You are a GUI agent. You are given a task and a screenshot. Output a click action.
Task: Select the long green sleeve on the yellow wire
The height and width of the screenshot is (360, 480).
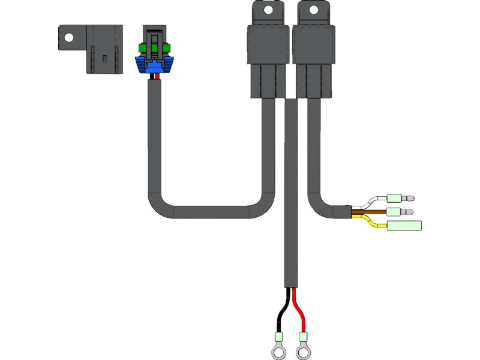pyautogui.click(x=405, y=226)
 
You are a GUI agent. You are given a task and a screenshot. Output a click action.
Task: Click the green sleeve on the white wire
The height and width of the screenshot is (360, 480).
pyautogui.click(x=395, y=198)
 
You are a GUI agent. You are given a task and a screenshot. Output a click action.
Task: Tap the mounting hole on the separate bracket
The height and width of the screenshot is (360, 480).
pyautogui.click(x=69, y=37)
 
